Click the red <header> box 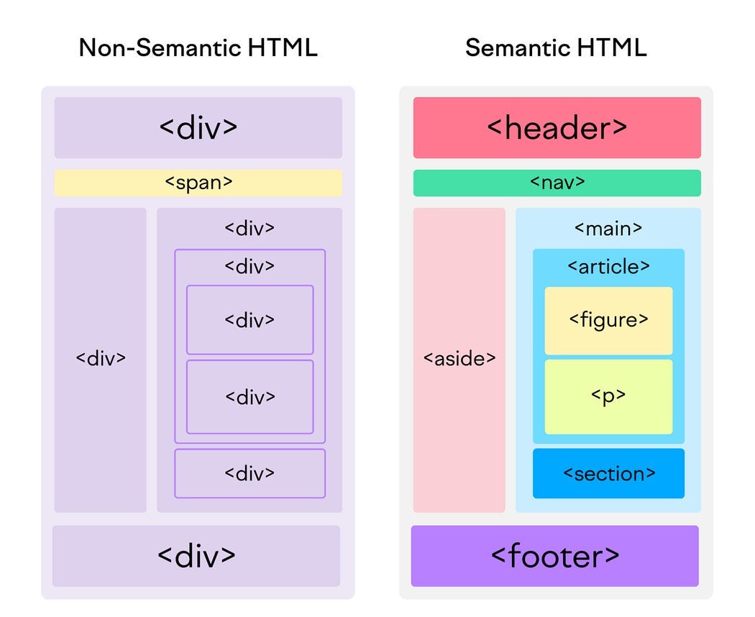point(557,128)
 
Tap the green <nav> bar point(557,183)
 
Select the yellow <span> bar point(198,183)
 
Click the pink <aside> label point(459,358)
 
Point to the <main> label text point(608,229)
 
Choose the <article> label point(608,266)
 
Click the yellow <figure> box point(608,320)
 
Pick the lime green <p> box point(608,396)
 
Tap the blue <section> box point(608,473)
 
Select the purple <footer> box point(554,556)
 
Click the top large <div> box point(198,128)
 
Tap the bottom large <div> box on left point(196,556)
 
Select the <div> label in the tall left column point(101,358)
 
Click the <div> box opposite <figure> point(250,320)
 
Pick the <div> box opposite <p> point(250,396)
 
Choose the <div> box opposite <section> point(250,473)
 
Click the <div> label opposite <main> point(250,229)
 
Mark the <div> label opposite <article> point(250,266)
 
